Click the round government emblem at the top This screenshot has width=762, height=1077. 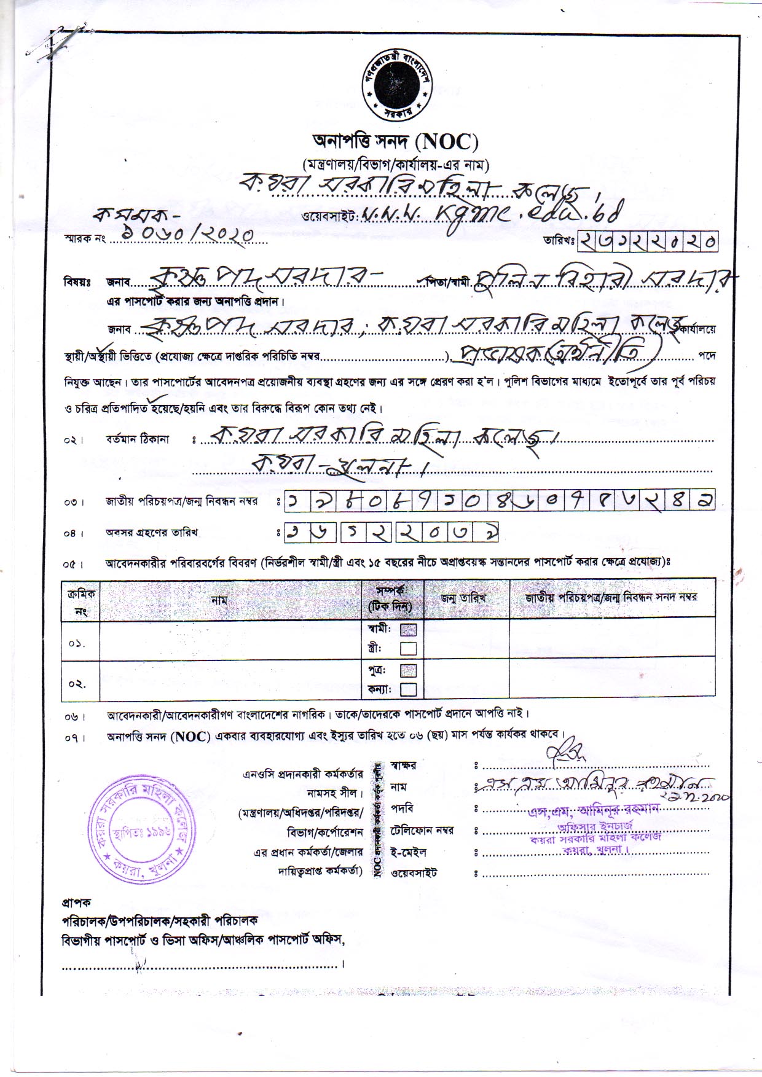396,85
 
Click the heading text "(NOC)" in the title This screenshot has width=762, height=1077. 446,143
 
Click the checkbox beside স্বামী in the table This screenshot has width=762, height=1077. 408,630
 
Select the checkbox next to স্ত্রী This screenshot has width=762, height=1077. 408,648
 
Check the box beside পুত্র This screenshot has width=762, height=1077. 408,670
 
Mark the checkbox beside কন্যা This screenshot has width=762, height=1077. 408,689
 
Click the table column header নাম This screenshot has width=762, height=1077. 219,600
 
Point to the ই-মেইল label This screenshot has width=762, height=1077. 408,852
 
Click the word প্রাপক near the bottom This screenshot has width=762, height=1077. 76,903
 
